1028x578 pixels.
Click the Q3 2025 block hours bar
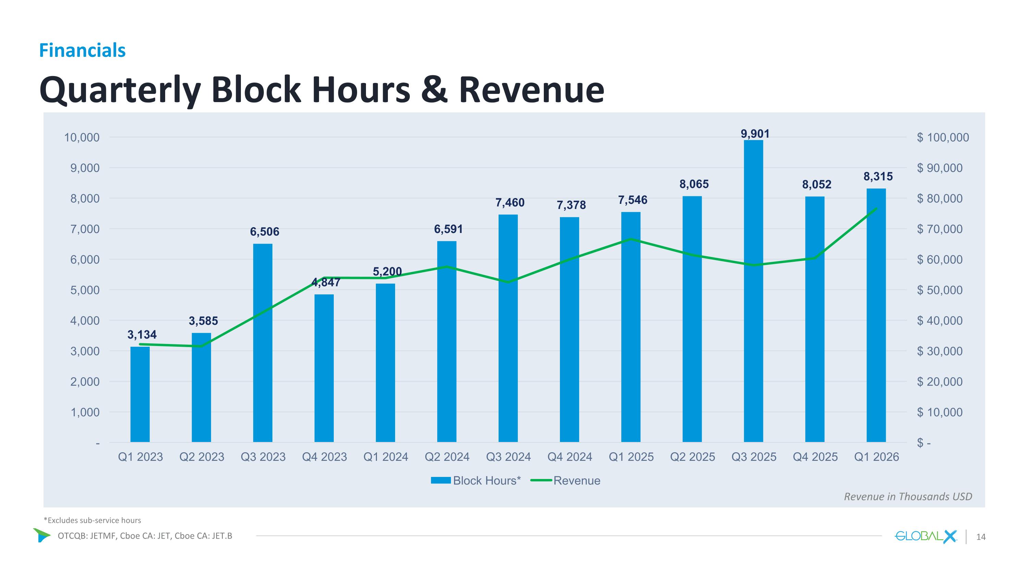[754, 291]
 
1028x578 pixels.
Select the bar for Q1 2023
[140, 394]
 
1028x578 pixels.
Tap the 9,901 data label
[755, 134]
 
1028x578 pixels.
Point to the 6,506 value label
[265, 232]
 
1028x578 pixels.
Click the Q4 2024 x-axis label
[570, 457]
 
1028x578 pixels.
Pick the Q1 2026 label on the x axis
[876, 457]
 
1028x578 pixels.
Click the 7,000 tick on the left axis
[85, 229]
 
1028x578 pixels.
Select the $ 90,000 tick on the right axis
[940, 168]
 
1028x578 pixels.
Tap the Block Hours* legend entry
[476, 481]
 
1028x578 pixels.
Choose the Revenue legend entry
[565, 481]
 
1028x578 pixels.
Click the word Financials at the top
[82, 50]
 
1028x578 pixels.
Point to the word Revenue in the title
[531, 90]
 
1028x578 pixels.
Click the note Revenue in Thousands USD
[908, 496]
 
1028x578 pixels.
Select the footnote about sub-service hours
[92, 520]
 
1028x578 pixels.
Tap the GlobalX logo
[926, 537]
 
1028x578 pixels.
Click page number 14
[980, 537]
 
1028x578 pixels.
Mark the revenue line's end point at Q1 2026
[876, 208]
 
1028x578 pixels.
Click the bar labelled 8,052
[815, 319]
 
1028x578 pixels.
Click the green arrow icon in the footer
[41, 535]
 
